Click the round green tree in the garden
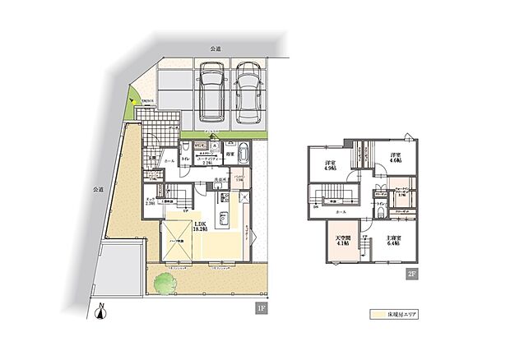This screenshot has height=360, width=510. point(164,281)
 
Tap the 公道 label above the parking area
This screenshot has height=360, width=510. point(216,49)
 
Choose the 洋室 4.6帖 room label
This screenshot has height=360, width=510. point(395,159)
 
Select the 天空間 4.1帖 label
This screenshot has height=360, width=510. point(343,243)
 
